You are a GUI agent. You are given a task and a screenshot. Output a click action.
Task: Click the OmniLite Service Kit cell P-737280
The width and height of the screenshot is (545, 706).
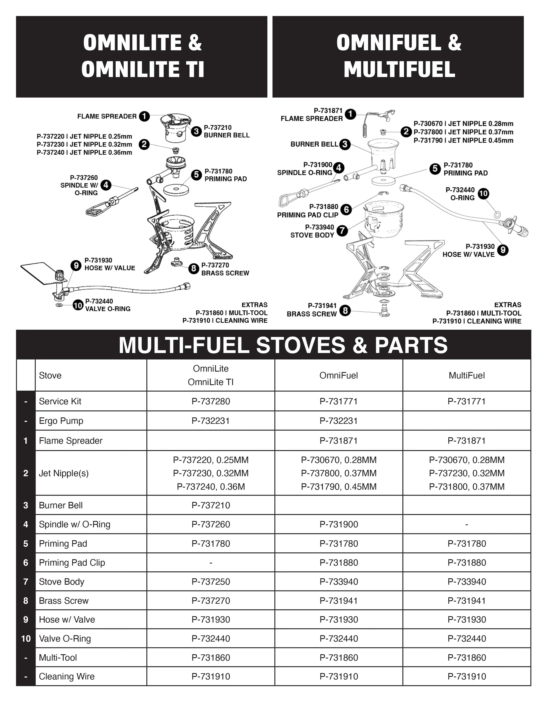click(x=211, y=401)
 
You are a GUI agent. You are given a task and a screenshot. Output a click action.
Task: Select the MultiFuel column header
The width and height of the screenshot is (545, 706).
click(x=467, y=375)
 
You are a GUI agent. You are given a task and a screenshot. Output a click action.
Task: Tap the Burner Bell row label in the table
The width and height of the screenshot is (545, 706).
click(x=61, y=505)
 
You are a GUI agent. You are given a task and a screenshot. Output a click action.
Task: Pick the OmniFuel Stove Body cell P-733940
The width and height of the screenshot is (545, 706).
click(x=339, y=581)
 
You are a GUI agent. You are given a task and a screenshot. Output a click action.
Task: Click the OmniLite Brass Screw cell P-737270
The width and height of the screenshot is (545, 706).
click(x=211, y=601)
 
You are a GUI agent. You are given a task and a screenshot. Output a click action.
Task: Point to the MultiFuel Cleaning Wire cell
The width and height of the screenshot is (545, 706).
click(x=467, y=676)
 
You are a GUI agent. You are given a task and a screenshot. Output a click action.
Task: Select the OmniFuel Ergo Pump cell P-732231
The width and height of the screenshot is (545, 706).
click(x=339, y=421)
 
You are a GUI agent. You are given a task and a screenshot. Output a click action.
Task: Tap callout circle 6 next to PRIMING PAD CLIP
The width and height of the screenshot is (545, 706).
click(x=346, y=209)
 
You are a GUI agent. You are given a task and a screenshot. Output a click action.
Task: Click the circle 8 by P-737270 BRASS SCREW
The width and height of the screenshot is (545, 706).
click(x=193, y=268)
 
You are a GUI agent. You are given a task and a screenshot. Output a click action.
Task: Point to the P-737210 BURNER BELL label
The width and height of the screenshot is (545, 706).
click(x=227, y=132)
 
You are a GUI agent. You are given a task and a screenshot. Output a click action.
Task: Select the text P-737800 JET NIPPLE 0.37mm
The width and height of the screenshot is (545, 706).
click(x=463, y=132)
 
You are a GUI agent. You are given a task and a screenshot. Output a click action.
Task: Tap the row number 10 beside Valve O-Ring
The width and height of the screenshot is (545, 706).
click(x=26, y=638)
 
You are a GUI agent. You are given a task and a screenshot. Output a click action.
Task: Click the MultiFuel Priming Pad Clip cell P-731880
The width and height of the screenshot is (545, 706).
click(x=467, y=562)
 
